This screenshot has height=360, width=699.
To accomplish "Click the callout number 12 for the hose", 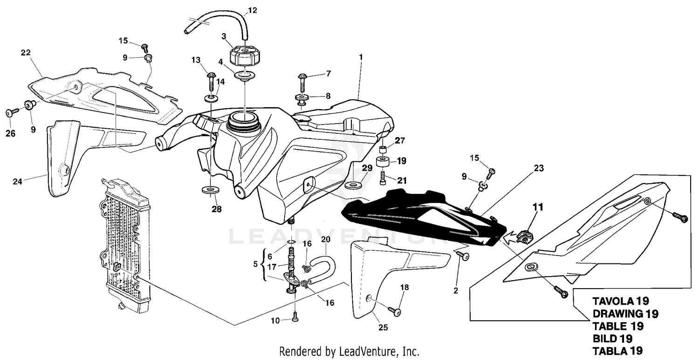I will tap(252, 9).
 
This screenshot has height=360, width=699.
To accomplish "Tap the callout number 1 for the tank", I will tap(360, 56).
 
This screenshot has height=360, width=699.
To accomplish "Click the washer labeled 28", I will tap(210, 191).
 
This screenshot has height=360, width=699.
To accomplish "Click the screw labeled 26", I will tap(11, 112).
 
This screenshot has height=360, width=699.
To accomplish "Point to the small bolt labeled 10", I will tap(295, 318).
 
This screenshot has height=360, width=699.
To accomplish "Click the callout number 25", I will tap(383, 328).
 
